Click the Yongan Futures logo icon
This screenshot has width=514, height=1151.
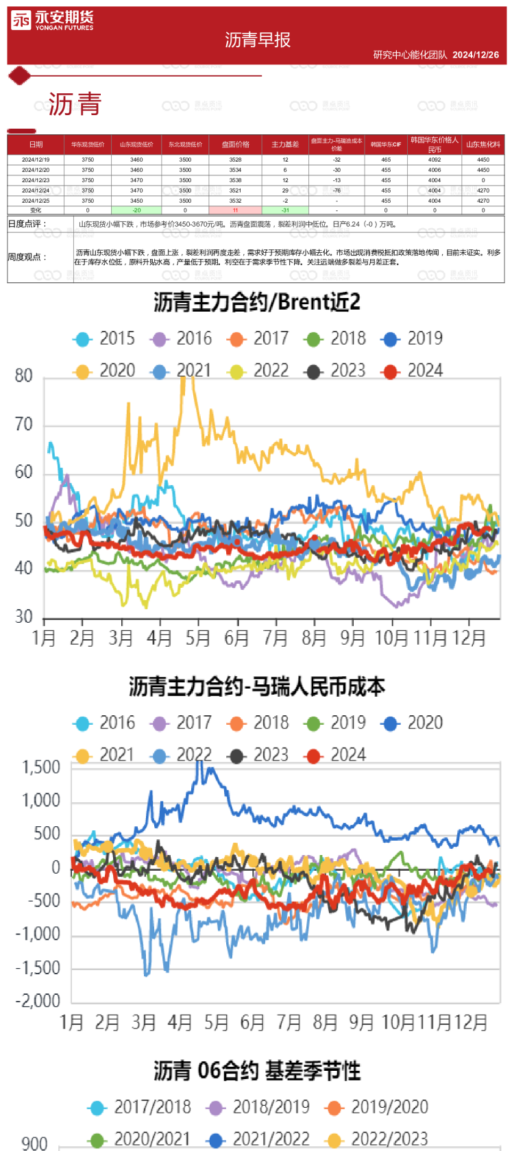pyautogui.click(x=21, y=21)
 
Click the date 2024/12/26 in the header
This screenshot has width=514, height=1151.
pyautogui.click(x=476, y=55)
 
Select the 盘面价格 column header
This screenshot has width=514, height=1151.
pyautogui.click(x=235, y=145)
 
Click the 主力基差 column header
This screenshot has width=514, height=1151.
pyautogui.click(x=285, y=145)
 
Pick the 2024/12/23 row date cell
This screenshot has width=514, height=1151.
pyautogui.click(x=36, y=180)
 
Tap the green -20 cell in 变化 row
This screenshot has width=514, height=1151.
pyautogui.click(x=136, y=210)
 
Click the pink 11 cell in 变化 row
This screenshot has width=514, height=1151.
pyautogui.click(x=235, y=210)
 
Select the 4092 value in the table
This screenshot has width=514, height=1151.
pyautogui.click(x=435, y=160)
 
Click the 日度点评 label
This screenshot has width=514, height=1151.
pyautogui.click(x=27, y=224)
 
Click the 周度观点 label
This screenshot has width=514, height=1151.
pyautogui.click(x=27, y=257)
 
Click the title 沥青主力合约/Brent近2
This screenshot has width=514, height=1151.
pyautogui.click(x=257, y=302)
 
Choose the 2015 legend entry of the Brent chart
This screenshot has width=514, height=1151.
pyautogui.click(x=105, y=338)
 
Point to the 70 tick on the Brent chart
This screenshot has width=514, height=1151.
pyautogui.click(x=24, y=425)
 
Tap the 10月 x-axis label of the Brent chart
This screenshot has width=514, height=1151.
pyautogui.click(x=391, y=639)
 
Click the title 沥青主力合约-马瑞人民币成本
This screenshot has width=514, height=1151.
pyautogui.click(x=257, y=686)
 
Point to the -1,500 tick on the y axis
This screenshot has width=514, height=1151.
pyautogui.click(x=38, y=968)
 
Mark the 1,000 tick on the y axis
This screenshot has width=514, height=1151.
pyautogui.click(x=41, y=800)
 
